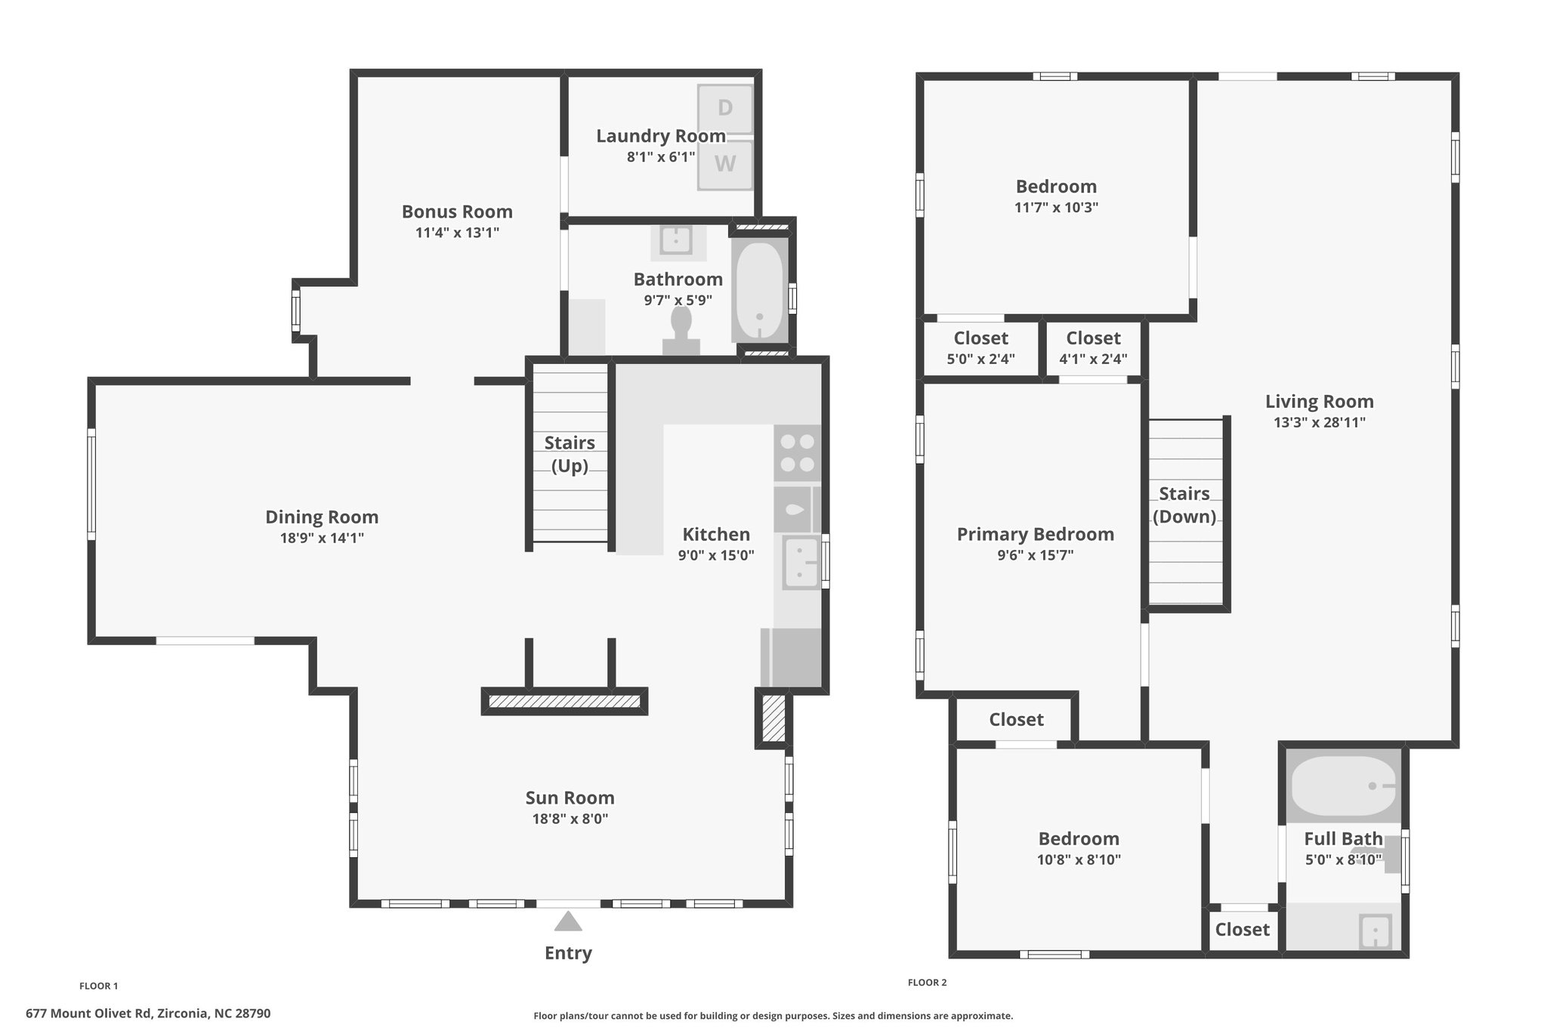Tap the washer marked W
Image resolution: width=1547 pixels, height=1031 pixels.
(725, 165)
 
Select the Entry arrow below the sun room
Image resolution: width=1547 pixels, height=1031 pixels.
(568, 921)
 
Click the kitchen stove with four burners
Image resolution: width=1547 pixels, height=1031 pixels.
(797, 453)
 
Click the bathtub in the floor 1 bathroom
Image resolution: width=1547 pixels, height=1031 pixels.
(759, 291)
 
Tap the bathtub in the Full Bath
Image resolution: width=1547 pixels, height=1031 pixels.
(1342, 786)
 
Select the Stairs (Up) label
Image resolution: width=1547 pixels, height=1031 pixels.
(570, 454)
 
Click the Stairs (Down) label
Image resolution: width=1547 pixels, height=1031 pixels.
(1184, 505)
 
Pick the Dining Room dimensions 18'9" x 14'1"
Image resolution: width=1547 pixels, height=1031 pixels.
(322, 538)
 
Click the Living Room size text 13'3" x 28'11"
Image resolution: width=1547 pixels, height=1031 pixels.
(1320, 422)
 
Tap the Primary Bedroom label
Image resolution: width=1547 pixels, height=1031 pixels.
(1036, 534)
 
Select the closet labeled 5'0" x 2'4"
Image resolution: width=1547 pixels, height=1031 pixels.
(980, 348)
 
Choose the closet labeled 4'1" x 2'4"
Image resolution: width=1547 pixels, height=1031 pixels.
(1093, 348)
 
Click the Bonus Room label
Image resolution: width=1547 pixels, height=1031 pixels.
(457, 211)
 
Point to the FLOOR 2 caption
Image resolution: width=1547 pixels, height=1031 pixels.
(927, 983)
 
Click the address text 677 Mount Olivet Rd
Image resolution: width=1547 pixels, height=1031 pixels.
(88, 1014)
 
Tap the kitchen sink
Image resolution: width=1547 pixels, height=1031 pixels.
(801, 563)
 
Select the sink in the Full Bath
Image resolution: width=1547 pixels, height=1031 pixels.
(1375, 931)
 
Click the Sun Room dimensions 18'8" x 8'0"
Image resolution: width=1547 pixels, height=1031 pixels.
(570, 819)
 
